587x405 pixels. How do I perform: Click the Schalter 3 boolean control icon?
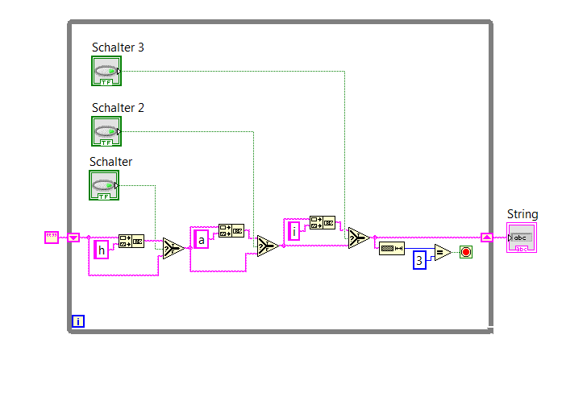click(x=106, y=71)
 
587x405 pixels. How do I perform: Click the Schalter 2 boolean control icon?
click(x=106, y=130)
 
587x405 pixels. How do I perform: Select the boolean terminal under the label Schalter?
click(x=103, y=185)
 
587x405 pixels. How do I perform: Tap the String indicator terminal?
click(x=521, y=238)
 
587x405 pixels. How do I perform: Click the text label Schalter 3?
click(x=118, y=48)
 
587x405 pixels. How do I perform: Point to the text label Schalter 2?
click(x=118, y=108)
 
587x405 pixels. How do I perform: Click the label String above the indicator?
click(x=522, y=214)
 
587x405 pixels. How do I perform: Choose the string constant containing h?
click(x=102, y=250)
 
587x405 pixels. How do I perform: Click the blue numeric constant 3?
click(x=419, y=259)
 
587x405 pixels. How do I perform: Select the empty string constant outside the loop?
click(x=52, y=238)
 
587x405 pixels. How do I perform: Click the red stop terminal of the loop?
click(x=466, y=253)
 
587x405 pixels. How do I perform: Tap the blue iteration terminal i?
click(x=78, y=321)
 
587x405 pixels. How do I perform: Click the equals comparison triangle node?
click(x=442, y=253)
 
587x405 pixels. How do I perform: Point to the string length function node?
click(x=392, y=248)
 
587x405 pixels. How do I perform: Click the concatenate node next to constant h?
click(x=131, y=241)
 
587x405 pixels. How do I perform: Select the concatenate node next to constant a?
click(x=231, y=230)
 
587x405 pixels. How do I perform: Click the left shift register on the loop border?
click(x=73, y=238)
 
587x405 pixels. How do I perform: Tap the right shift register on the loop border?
click(x=486, y=238)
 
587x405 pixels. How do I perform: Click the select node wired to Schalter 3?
click(x=358, y=238)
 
